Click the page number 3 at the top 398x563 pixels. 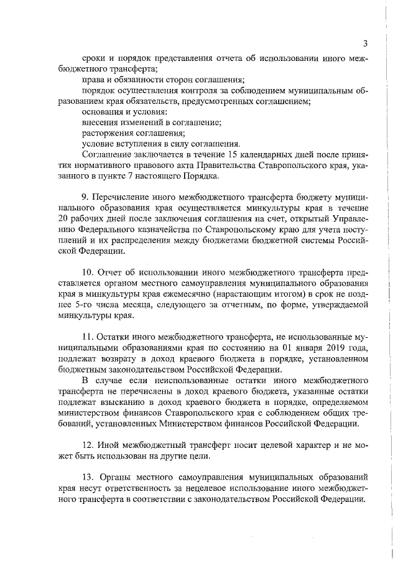[366, 43]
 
